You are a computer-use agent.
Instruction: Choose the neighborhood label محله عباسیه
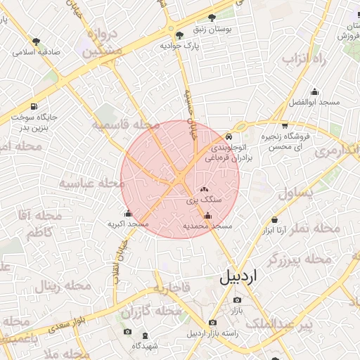tap(91, 183)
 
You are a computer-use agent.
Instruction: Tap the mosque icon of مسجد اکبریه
tap(127, 214)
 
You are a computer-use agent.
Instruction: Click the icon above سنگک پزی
tap(205, 189)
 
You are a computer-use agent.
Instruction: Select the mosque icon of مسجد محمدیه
tap(207, 216)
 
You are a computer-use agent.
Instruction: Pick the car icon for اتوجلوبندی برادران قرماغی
tap(229, 136)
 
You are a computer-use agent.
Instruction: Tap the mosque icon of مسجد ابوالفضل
tap(314, 91)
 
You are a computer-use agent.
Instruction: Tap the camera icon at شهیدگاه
tap(127, 332)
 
